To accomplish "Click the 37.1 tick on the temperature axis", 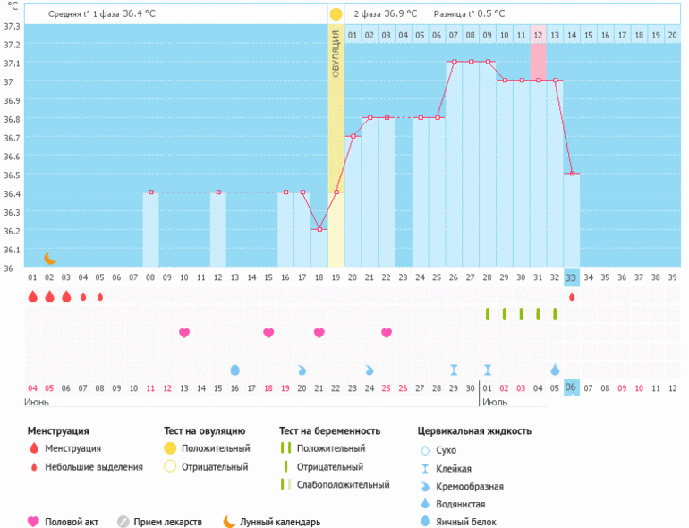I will coord(12,63).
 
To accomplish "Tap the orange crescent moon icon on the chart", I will coord(50,259).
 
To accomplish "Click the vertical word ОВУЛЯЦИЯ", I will coord(336,54).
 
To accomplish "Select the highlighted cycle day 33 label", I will coord(572,277).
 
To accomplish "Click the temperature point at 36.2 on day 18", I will coord(319,229).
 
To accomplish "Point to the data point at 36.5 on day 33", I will coord(572,174).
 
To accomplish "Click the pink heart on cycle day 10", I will coord(184,333).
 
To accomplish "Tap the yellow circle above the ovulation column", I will coord(336,14).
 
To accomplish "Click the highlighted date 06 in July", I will coord(572,387).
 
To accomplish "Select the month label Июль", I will coord(494,402).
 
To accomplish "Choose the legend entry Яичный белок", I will coord(464,522).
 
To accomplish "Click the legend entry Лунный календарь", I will coord(279,522).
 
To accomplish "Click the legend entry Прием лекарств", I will coord(167,522).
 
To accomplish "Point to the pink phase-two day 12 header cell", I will coord(538,35).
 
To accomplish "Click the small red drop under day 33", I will coord(572,297).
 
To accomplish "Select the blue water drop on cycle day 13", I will coord(235,370).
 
